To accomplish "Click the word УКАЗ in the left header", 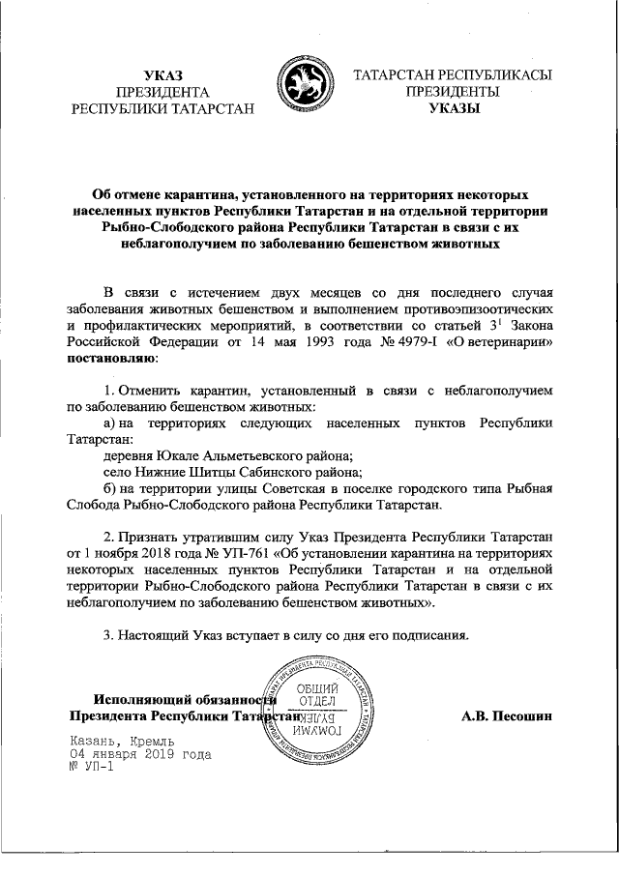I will coord(162,74).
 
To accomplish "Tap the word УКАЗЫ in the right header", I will coord(453,109).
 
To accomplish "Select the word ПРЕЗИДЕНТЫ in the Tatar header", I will coord(453,92).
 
